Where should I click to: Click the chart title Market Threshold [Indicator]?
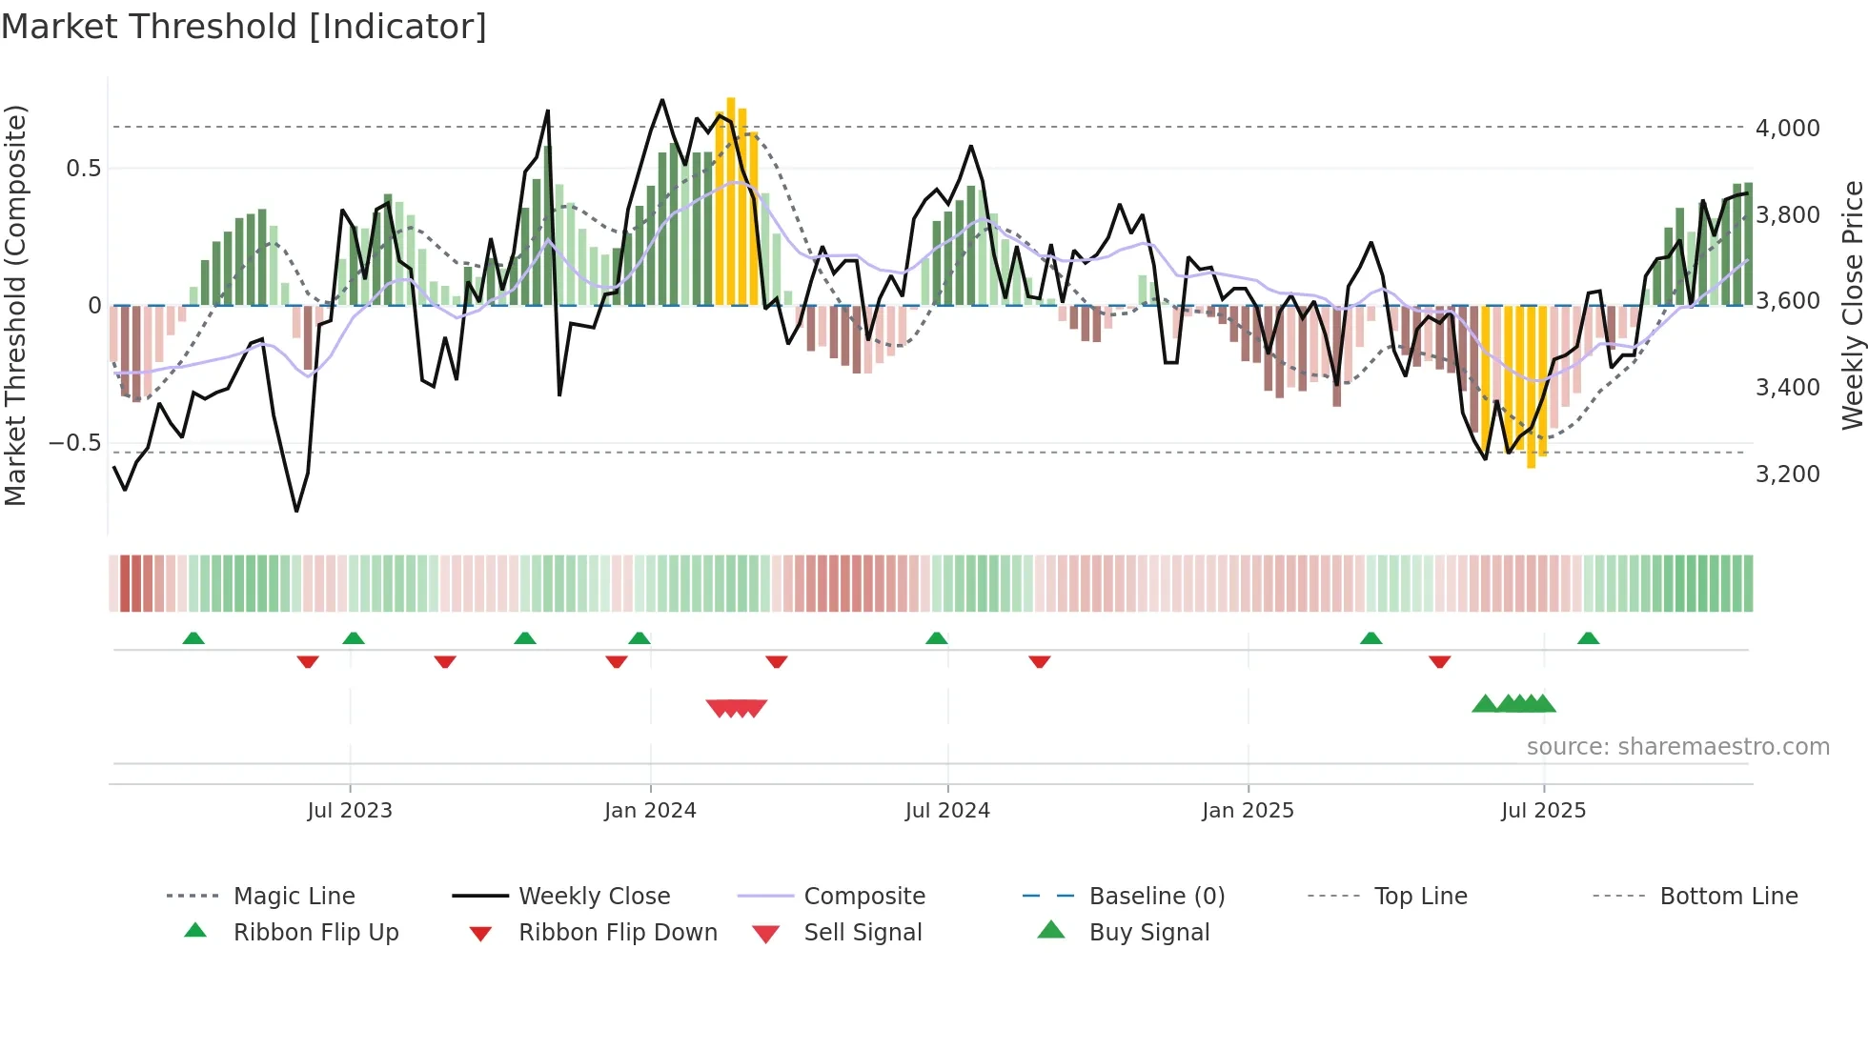pos(244,27)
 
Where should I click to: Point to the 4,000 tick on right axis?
pos(1787,128)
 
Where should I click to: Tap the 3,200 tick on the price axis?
pos(1787,474)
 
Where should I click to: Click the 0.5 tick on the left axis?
pos(84,169)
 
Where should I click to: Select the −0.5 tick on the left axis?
pos(75,443)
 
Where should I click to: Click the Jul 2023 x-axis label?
pos(350,811)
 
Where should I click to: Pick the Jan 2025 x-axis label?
pos(1248,811)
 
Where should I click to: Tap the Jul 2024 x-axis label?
pos(947,811)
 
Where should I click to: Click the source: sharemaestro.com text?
pos(1677,747)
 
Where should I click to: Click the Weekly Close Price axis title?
pos(1852,305)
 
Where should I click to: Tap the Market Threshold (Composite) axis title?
pos(15,305)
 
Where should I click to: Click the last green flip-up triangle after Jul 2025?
pos(1588,638)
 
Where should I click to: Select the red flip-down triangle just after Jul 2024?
pos(1040,661)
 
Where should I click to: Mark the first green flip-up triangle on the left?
pos(193,638)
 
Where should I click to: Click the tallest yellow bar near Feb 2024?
pos(731,200)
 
